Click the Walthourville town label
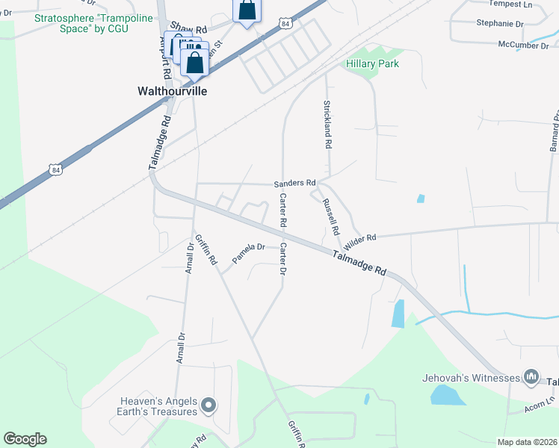coord(172,91)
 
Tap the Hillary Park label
coord(372,63)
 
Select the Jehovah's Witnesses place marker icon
coord(531,376)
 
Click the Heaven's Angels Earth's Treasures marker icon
coord(209,406)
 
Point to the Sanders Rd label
coord(294,182)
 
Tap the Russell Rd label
coord(330,216)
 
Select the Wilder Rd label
coord(359,239)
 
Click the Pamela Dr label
coord(248,252)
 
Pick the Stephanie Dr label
coord(499,23)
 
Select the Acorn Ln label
coord(540,402)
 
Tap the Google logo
coord(25,439)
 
